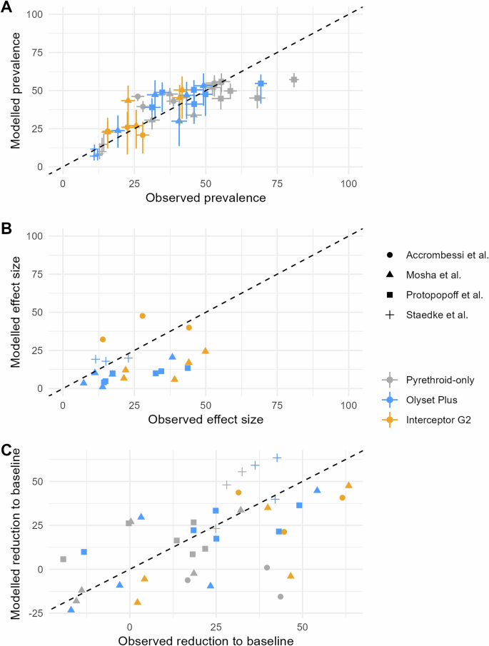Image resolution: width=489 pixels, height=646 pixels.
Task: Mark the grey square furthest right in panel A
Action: [293, 80]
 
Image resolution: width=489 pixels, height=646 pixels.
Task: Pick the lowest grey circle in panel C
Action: [281, 597]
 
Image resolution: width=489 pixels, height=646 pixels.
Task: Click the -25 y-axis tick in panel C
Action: [34, 613]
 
